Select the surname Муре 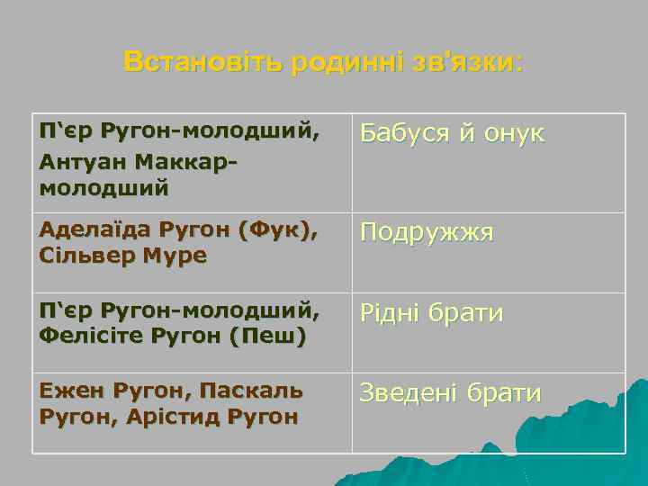(x=176, y=256)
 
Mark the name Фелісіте (x=85, y=336)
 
